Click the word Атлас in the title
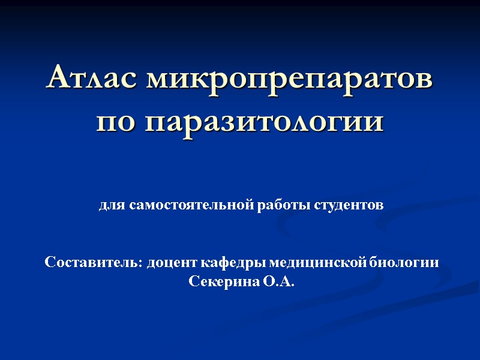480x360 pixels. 91,78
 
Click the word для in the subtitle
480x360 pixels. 110,206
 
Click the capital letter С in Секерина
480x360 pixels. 193,281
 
